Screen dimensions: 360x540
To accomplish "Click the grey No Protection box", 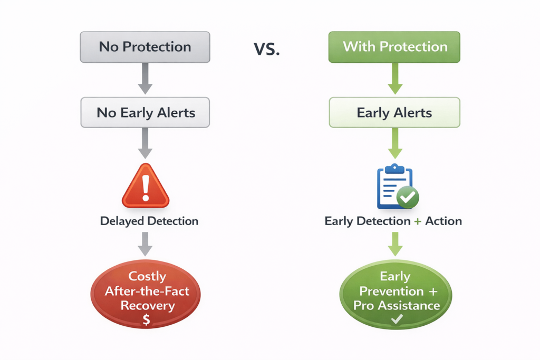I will pos(145,47).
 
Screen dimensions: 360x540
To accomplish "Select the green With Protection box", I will pos(394,47).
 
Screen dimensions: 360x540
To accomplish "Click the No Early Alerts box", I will pos(145,113).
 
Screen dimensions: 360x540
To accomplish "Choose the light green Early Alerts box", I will pos(394,113).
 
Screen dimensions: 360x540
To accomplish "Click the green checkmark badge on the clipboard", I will pos(407,198).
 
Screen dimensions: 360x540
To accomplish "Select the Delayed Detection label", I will pos(149,221).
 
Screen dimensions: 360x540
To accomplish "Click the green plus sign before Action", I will pos(418,221).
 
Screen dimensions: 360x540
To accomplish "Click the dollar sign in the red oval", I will pos(147,319).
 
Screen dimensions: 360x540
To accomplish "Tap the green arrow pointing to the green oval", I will pos(395,245).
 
